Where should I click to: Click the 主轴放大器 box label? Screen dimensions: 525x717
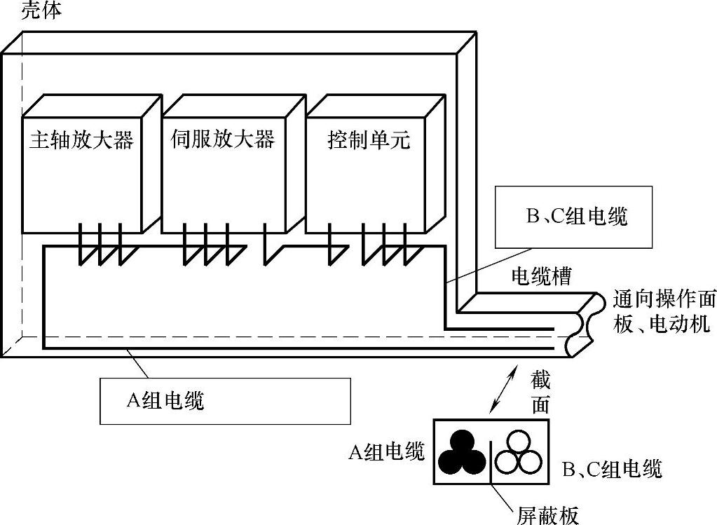click(x=81, y=140)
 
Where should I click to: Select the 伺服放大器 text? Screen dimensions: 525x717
click(x=223, y=139)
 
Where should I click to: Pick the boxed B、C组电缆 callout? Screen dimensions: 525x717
click(x=573, y=217)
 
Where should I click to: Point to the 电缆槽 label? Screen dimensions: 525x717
click(x=540, y=276)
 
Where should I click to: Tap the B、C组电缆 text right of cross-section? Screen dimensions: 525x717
click(x=612, y=469)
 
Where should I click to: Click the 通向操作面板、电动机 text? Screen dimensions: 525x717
click(x=664, y=311)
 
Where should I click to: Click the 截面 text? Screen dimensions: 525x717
click(x=540, y=393)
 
